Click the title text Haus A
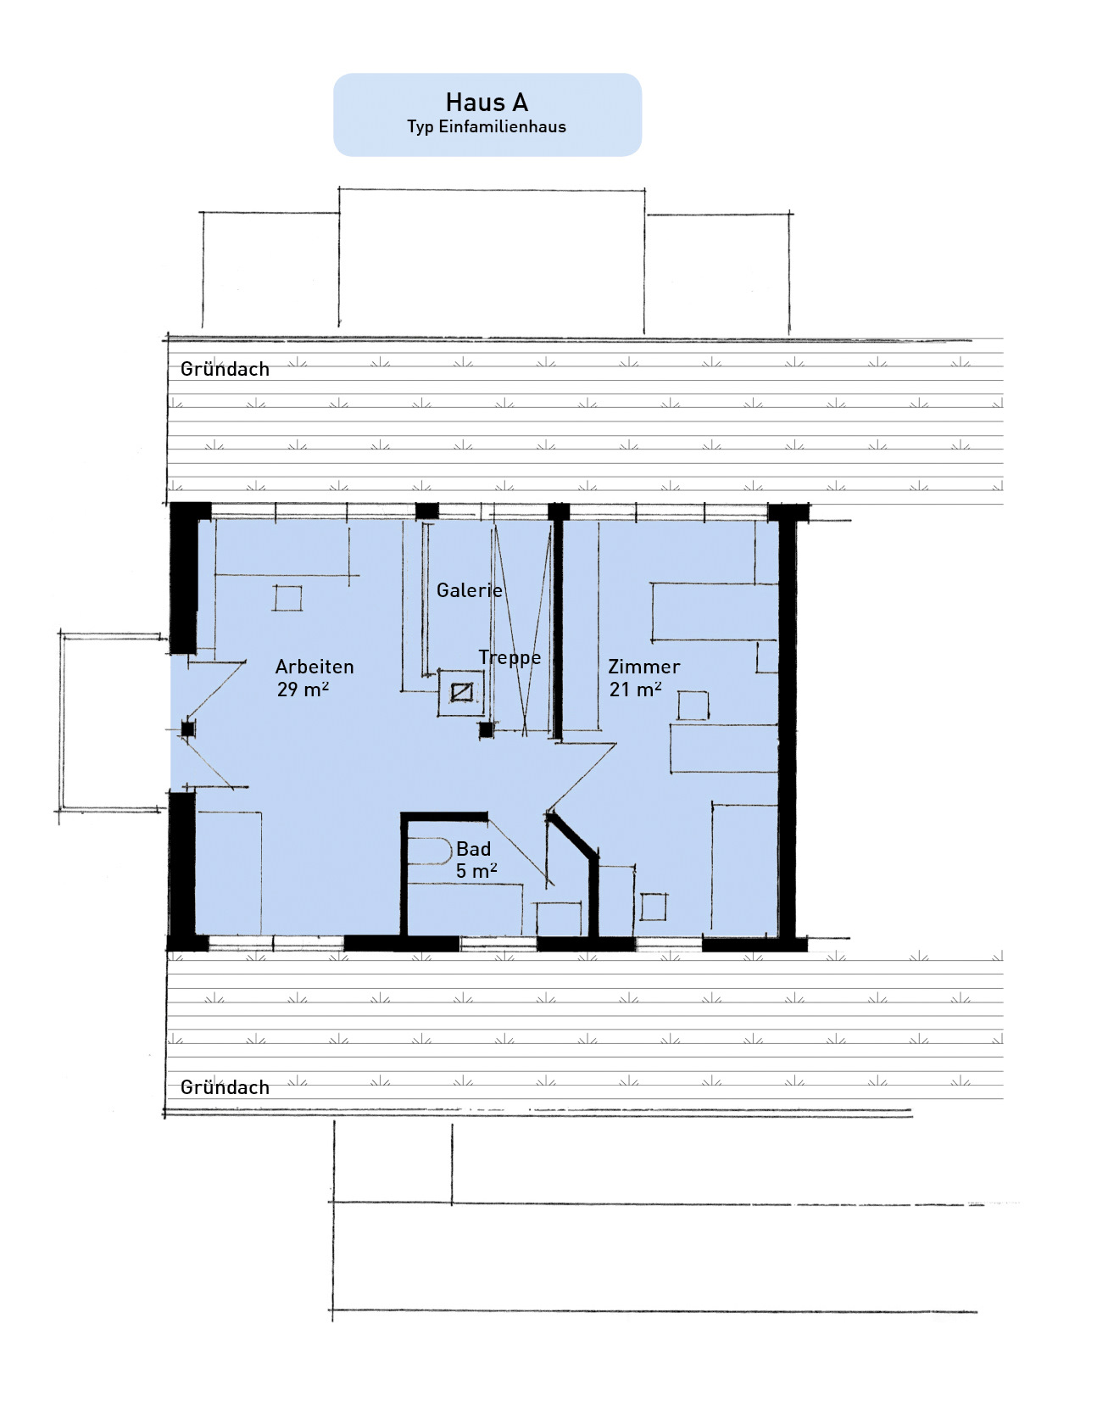click(x=487, y=103)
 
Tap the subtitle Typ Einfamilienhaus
click(x=487, y=127)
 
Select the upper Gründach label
click(x=225, y=369)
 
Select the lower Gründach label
click(x=225, y=1087)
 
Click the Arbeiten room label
click(x=315, y=667)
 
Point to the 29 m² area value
click(x=303, y=690)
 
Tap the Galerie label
click(x=470, y=590)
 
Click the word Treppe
click(x=509, y=658)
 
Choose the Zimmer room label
click(x=644, y=667)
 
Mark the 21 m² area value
click(x=636, y=690)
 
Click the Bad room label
click(x=473, y=849)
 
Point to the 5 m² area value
click(x=476, y=871)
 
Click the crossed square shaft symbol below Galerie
click(x=461, y=693)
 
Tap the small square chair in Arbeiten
click(x=287, y=598)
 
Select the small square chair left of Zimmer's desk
click(x=693, y=706)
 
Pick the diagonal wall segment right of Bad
click(x=572, y=834)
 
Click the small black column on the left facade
click(x=187, y=729)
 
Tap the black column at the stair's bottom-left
click(x=486, y=729)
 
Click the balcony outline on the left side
click(x=61, y=721)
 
